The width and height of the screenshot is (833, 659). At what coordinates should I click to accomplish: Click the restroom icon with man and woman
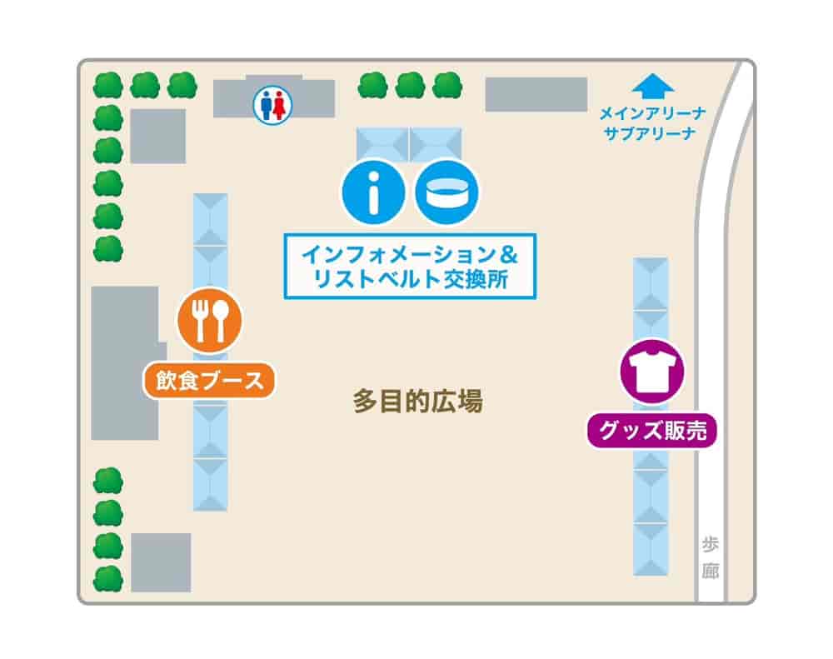click(x=273, y=107)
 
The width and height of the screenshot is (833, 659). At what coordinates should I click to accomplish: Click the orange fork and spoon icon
click(x=209, y=319)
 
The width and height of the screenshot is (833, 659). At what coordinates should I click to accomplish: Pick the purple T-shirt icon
click(x=651, y=371)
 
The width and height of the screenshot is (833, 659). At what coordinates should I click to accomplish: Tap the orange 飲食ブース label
click(x=209, y=381)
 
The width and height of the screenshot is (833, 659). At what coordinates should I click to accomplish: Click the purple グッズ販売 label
click(x=652, y=431)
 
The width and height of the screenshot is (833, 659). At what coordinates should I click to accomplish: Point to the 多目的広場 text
click(x=417, y=402)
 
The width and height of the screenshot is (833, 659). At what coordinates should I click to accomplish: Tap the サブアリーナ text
click(x=652, y=133)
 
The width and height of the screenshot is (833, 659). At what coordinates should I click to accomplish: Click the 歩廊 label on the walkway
click(x=710, y=557)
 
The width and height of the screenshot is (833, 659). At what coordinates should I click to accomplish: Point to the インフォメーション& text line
click(x=409, y=252)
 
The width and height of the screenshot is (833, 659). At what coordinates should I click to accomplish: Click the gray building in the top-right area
click(x=536, y=94)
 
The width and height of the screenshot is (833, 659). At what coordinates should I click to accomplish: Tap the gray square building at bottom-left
click(x=161, y=562)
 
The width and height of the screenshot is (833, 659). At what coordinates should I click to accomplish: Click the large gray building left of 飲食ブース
click(x=124, y=362)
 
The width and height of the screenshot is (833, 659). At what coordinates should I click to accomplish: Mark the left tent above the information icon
click(x=382, y=142)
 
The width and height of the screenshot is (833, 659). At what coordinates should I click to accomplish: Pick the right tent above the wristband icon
click(x=435, y=142)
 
